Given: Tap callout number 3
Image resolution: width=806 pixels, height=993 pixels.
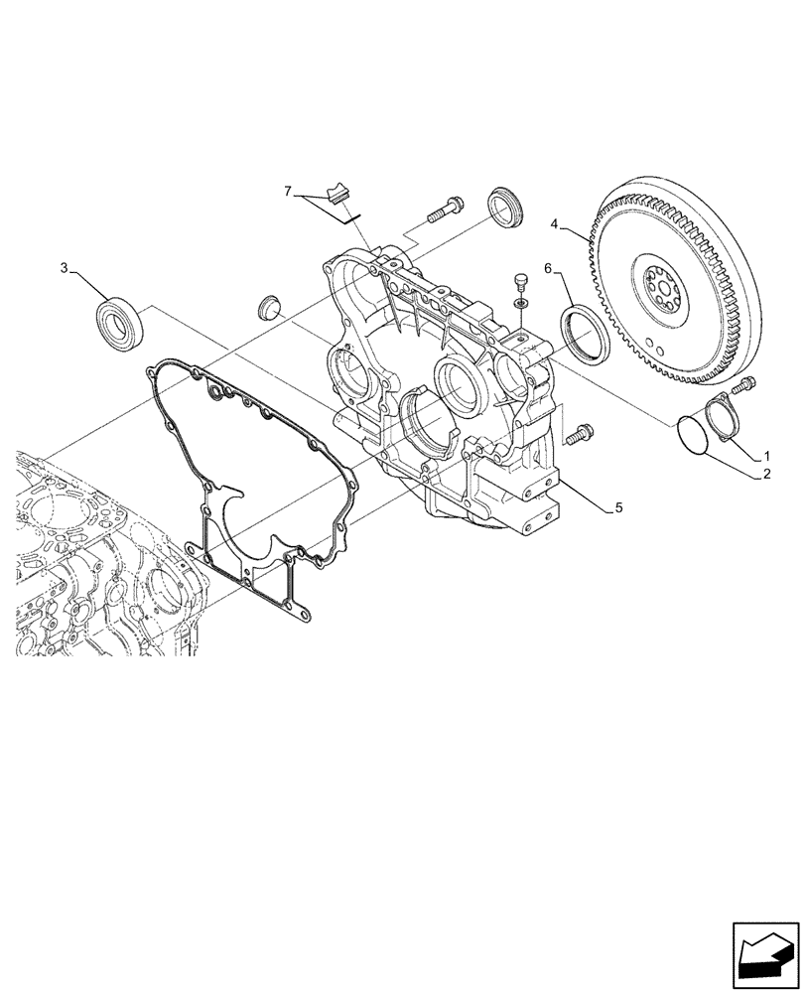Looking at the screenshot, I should tap(65, 268).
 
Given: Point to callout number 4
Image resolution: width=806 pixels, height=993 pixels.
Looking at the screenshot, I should tap(557, 224).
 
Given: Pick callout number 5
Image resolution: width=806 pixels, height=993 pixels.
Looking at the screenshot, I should tap(618, 507).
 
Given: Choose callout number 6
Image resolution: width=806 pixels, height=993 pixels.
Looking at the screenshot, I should tap(547, 267).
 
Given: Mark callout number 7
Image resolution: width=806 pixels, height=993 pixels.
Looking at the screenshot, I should tap(289, 191).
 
